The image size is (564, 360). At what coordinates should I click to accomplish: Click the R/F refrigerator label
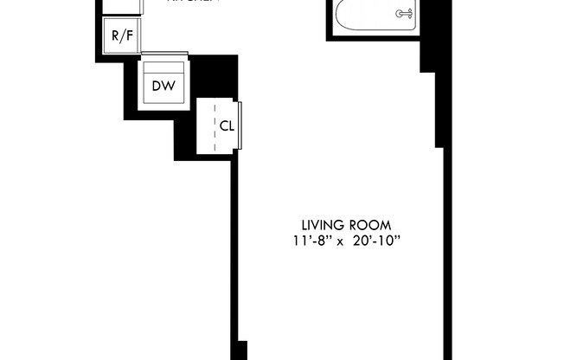click(x=122, y=37)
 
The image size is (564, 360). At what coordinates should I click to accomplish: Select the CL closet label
click(x=227, y=125)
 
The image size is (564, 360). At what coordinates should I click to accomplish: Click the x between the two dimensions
click(x=342, y=241)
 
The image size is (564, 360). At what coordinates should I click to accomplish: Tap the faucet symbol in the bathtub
click(x=402, y=13)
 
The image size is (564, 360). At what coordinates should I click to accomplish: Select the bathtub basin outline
click(x=372, y=16)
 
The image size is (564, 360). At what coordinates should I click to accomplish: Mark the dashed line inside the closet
click(x=215, y=126)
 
